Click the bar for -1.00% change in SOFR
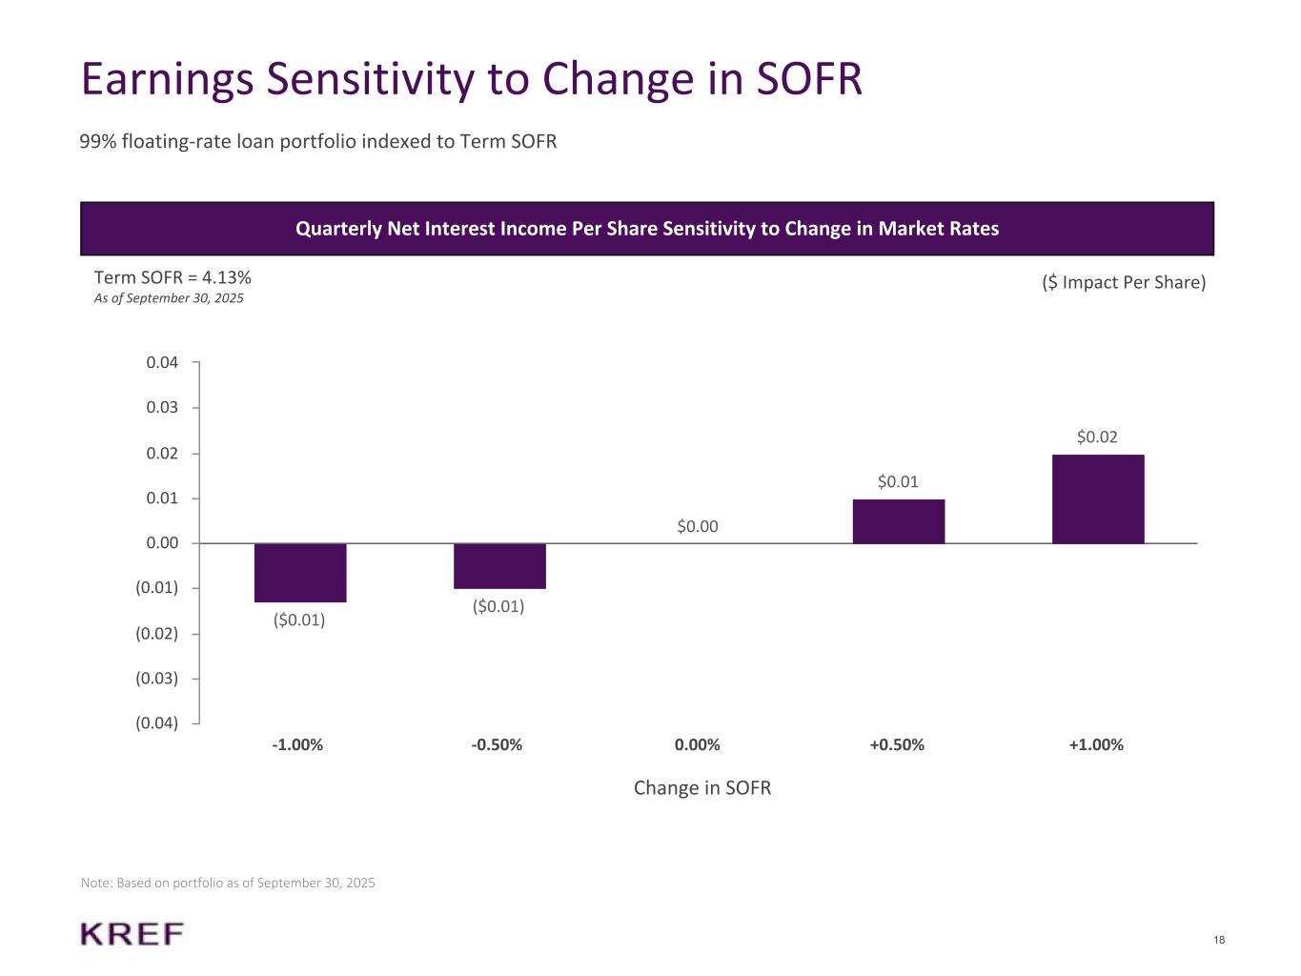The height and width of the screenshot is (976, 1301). coord(300,573)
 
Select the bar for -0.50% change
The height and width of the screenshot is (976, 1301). coord(499,566)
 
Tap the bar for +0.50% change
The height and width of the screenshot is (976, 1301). coord(898,521)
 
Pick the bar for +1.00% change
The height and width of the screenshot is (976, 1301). coord(1098,499)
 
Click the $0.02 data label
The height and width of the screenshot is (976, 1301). coord(1097,437)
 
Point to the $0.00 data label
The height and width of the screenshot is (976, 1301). coord(698,526)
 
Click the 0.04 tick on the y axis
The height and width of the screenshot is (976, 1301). coord(162,362)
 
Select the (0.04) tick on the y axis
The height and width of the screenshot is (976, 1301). coord(157,722)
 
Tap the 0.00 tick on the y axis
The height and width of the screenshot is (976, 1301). coord(162,543)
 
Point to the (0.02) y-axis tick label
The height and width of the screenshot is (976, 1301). coord(157,634)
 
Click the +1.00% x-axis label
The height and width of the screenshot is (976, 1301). coord(1096,744)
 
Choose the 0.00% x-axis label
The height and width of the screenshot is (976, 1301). coord(698,744)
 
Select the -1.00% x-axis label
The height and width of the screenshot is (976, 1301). coord(297,744)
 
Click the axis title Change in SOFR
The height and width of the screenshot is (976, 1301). coord(702,788)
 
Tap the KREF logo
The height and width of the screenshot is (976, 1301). coord(132,934)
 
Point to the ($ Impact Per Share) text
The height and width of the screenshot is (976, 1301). coord(1124,283)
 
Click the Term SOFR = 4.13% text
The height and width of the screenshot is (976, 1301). coord(173,277)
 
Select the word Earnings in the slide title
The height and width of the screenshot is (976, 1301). coord(167,79)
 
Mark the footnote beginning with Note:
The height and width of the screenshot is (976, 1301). coord(228,884)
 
